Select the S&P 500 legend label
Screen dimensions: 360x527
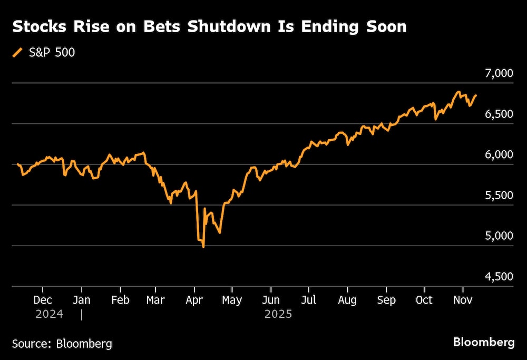coord(52,53)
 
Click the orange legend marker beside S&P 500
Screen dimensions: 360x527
coord(18,53)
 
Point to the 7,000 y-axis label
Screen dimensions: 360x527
coord(497,73)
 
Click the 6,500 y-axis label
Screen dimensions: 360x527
coord(497,114)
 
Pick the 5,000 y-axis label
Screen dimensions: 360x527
coord(497,236)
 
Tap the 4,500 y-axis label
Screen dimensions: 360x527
coord(497,277)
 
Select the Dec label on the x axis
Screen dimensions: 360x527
coord(43,300)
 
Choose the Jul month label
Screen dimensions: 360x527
coord(309,300)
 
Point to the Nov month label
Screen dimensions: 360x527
coord(463,300)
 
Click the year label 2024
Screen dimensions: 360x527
coord(49,314)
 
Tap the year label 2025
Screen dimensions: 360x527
coord(277,314)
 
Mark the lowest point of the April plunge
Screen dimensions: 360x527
coord(203,247)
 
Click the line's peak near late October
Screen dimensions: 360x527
coord(458,92)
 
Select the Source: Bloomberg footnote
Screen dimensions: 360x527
coord(62,344)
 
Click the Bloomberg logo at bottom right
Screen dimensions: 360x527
coord(484,342)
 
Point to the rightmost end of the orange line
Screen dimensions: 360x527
coord(476,95)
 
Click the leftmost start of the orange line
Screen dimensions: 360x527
coord(17,164)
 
